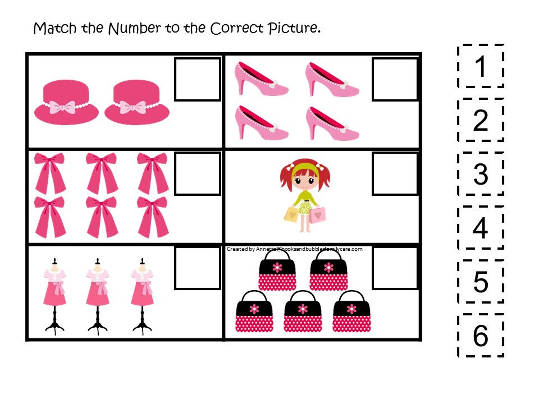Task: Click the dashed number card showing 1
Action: (x=480, y=66)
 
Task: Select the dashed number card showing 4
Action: (x=480, y=228)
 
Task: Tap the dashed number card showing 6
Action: (x=480, y=335)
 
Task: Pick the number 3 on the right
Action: (x=480, y=174)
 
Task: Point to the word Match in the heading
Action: (x=55, y=28)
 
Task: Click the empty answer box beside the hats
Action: (x=198, y=79)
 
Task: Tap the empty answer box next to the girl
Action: (x=395, y=174)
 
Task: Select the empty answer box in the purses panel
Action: (x=395, y=268)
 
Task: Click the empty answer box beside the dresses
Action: (x=198, y=268)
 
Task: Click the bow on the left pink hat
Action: (x=62, y=107)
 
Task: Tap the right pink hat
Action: (x=137, y=102)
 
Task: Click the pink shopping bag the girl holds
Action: (x=318, y=215)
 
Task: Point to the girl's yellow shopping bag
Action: (x=292, y=214)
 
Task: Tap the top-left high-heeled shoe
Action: (x=261, y=79)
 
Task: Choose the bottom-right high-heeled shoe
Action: (x=332, y=123)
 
